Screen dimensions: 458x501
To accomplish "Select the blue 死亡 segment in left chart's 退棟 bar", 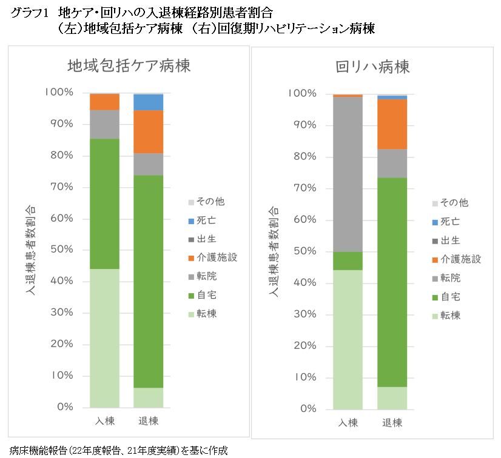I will [149, 102].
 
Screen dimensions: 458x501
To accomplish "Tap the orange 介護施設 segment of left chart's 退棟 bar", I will [149, 131].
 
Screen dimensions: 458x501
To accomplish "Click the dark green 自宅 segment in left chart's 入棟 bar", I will [105, 204].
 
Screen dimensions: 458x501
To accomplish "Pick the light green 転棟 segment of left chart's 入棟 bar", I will [105, 337].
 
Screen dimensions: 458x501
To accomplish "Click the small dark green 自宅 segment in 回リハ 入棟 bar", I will [348, 261].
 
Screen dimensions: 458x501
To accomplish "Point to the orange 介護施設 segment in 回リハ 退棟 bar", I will [392, 124].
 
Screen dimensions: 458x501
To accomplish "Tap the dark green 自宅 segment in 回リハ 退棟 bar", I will [392, 282].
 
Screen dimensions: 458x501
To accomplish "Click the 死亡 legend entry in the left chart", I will [208, 221].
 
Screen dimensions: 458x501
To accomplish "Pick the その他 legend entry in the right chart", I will [454, 203].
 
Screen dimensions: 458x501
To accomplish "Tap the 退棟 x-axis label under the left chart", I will [149, 420].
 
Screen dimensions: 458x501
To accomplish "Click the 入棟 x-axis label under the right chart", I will [348, 422].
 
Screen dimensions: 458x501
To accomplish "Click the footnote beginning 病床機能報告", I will [118, 450].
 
